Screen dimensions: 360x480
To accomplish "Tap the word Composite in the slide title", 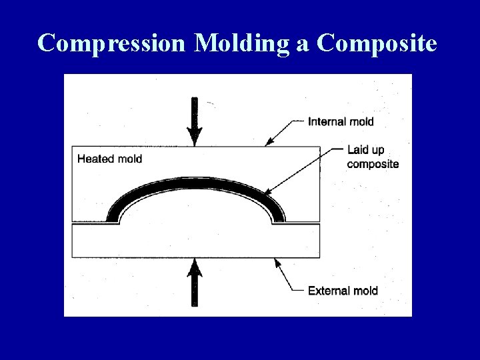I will click(377, 43).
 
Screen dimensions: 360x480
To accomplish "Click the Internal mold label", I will click(341, 121).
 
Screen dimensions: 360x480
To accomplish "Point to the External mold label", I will click(343, 291).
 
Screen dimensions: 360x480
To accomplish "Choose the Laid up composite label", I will click(373, 157).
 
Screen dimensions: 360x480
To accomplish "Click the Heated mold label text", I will click(109, 159).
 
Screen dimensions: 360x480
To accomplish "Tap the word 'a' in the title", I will click(305, 43).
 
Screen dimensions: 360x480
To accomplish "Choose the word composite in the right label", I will click(373, 164).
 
